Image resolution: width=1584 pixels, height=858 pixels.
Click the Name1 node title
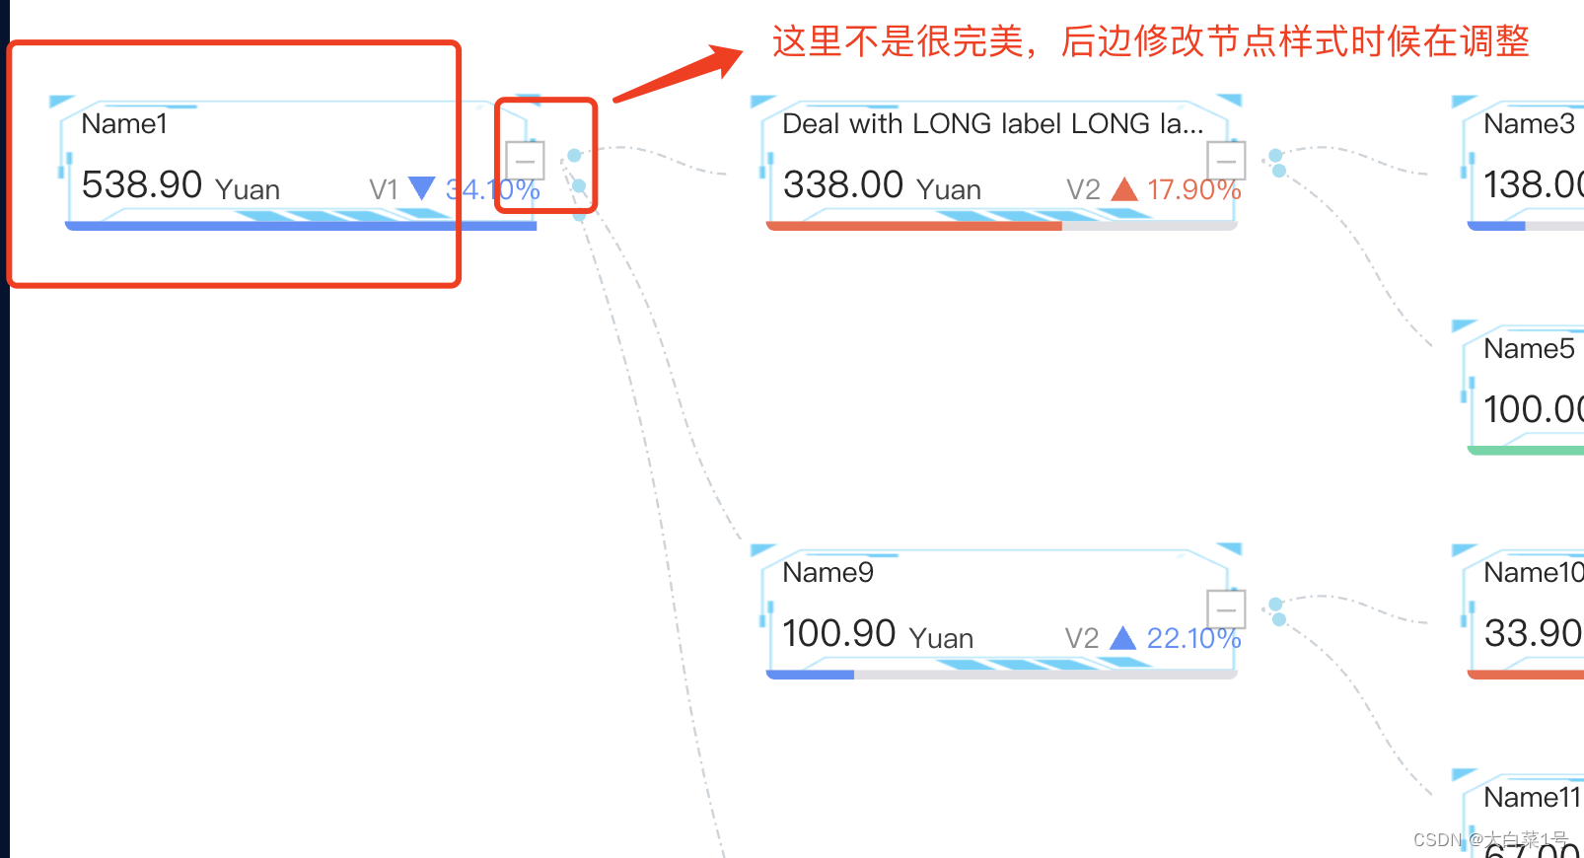(x=124, y=124)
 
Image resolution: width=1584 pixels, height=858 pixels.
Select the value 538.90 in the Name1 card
(x=142, y=185)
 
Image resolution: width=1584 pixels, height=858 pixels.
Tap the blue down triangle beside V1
(x=421, y=187)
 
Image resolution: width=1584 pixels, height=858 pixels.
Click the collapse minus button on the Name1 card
(x=525, y=161)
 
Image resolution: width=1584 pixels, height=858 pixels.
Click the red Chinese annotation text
(x=1149, y=41)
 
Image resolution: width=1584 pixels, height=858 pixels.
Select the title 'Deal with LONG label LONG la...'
(x=992, y=124)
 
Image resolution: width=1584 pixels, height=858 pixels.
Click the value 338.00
(x=843, y=185)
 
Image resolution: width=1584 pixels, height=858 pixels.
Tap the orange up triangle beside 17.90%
(x=1124, y=188)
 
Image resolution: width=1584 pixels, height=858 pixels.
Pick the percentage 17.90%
(x=1193, y=189)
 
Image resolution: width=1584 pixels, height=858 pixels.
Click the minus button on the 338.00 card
(x=1226, y=161)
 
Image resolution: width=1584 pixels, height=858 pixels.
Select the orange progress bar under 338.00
(x=913, y=226)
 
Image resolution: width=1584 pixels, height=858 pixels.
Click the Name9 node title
(x=828, y=573)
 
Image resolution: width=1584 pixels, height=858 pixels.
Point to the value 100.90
(x=838, y=634)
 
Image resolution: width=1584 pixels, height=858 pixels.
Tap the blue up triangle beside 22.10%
(x=1122, y=638)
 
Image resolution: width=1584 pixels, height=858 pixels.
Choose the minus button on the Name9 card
(x=1226, y=609)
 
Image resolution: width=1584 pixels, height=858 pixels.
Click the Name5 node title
(x=1529, y=349)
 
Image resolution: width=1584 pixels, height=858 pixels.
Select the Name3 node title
(x=1529, y=124)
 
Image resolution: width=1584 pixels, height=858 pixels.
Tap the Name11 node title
(x=1532, y=798)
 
